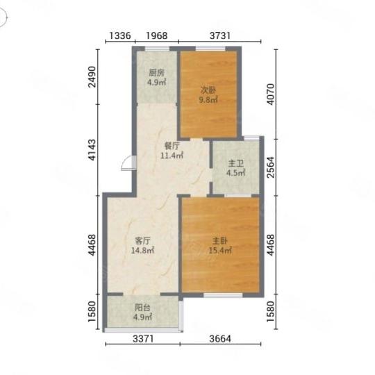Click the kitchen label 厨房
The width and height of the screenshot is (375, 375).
pos(157,73)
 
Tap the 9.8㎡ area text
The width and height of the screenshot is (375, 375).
pos(208,100)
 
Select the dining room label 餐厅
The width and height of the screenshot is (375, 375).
pos(172,146)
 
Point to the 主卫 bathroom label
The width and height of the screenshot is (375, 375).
pos(236,164)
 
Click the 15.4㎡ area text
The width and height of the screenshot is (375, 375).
pos(220,251)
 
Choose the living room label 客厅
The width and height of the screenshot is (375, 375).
pos(142,240)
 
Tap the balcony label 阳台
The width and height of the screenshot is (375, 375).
pos(142,308)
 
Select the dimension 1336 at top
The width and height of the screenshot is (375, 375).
pos(120,35)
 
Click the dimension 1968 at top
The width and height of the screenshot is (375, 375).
pos(157,35)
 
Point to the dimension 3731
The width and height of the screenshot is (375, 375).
pos(220,35)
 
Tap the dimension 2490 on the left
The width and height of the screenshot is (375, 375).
pos(92,77)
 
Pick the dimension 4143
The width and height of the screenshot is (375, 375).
pos(92,150)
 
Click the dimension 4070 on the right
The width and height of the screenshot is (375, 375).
pos(271,94)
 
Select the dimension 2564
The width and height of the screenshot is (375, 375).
pos(271,167)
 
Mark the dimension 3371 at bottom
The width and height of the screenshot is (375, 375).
pos(143,339)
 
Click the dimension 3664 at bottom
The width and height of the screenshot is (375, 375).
pos(220,339)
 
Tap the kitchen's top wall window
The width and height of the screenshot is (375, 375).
pos(157,49)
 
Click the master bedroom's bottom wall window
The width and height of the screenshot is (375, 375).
pos(223,295)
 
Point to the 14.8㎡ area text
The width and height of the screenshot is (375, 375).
pos(142,251)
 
